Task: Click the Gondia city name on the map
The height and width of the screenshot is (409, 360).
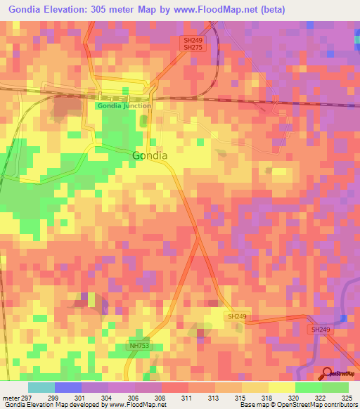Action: click(x=150, y=155)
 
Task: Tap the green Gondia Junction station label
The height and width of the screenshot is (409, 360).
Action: click(x=124, y=105)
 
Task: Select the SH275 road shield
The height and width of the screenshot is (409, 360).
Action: click(x=193, y=48)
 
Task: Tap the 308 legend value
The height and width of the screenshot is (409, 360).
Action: click(x=162, y=397)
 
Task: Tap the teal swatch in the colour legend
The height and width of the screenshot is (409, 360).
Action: click(x=41, y=387)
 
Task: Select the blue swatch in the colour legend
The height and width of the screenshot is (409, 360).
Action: click(x=68, y=387)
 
